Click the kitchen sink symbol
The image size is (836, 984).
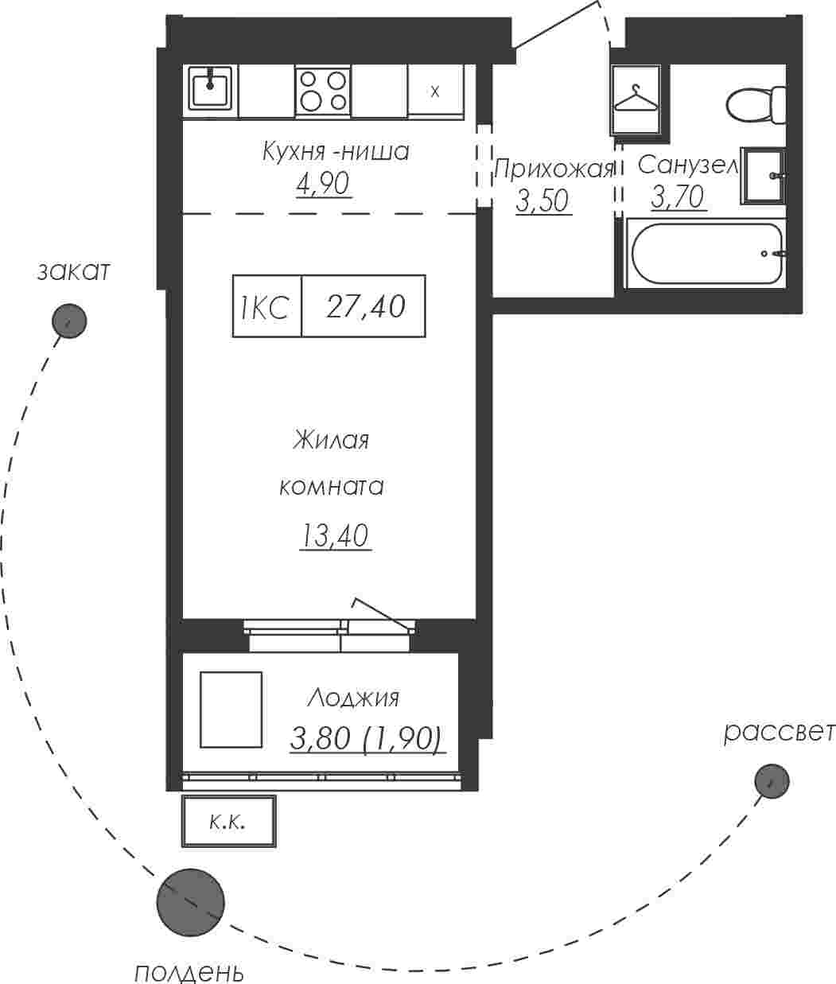[210, 88]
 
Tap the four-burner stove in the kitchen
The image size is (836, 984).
[323, 91]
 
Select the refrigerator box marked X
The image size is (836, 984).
[436, 91]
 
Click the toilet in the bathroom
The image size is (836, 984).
[756, 104]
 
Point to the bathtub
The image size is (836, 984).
[706, 253]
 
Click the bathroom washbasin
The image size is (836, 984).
[763, 176]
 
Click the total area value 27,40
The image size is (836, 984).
[366, 306]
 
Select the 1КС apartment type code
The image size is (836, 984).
[264, 307]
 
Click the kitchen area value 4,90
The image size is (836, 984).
[323, 183]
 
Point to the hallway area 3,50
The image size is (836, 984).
[542, 201]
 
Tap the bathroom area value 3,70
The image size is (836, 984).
[678, 196]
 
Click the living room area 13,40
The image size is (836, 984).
[334, 535]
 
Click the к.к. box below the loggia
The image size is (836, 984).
[228, 821]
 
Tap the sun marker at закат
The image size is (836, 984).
[69, 321]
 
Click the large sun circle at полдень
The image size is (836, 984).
[190, 903]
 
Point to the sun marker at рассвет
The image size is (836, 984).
[772, 780]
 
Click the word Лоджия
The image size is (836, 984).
[353, 699]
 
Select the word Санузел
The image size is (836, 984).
[687, 165]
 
